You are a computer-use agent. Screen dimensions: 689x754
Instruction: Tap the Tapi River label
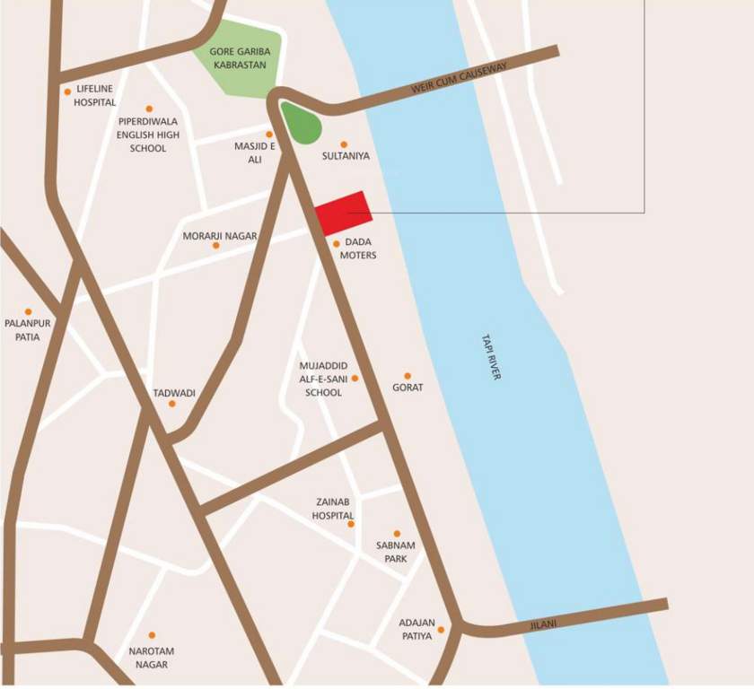[489, 356]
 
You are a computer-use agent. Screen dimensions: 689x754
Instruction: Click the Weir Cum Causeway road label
[459, 78]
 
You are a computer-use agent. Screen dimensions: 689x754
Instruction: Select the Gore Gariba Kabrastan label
[240, 58]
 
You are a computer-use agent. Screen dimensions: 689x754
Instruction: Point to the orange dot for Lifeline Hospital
[67, 92]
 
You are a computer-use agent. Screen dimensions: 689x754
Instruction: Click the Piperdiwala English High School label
[148, 135]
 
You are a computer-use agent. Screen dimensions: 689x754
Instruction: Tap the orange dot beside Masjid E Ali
[268, 135]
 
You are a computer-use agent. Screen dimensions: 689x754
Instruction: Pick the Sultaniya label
[346, 156]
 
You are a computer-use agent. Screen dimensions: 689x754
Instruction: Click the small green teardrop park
[301, 123]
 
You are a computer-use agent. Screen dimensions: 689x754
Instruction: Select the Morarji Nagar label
[220, 236]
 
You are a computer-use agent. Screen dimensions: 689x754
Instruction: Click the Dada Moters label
[358, 249]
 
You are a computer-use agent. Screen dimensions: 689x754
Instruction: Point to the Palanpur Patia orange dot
[29, 312]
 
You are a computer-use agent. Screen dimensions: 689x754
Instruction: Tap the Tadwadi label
[174, 393]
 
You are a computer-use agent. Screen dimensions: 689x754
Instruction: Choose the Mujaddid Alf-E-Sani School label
[323, 379]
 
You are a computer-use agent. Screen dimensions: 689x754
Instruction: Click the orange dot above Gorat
[408, 376]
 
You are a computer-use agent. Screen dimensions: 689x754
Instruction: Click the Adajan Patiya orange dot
[441, 630]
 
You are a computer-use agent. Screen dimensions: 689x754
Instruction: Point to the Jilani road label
[543, 621]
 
